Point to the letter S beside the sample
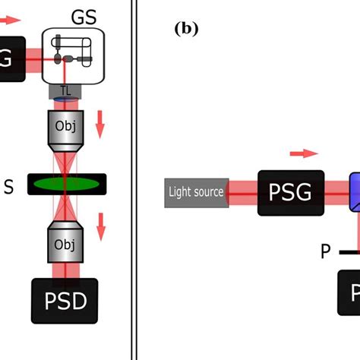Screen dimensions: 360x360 click(8, 184)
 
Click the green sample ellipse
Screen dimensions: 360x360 click(67, 184)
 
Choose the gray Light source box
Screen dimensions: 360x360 click(195, 191)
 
